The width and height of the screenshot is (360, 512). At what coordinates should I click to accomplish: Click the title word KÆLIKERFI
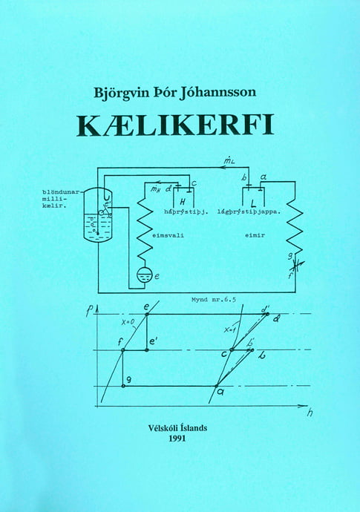pos(175,125)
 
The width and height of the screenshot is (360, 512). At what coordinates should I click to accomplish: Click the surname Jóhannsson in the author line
pos(218,93)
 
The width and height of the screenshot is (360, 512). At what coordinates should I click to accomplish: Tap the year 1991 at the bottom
pos(177,439)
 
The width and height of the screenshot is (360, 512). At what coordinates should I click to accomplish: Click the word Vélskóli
pos(162,428)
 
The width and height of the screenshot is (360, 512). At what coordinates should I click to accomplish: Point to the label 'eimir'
pos(255,235)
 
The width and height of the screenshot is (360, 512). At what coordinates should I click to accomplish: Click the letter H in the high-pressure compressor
pos(183,203)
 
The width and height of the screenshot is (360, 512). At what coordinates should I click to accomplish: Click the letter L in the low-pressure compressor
pos(252,203)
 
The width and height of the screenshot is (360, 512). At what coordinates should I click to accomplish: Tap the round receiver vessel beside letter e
pos(144,275)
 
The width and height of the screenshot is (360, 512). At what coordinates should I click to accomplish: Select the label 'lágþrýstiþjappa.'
pos(249,212)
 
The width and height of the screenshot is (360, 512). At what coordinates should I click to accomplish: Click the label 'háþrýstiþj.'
pos(186,212)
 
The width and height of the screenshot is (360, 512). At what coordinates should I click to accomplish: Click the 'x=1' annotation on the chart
pos(231,329)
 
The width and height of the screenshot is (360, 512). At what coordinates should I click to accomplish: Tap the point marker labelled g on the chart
pos(123,386)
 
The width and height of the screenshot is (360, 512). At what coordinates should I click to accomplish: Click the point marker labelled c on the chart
pos(232,349)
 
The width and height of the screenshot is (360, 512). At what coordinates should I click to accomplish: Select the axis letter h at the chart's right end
pos(310,413)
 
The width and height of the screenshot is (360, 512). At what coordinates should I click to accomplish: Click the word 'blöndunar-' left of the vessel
pos(61,192)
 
